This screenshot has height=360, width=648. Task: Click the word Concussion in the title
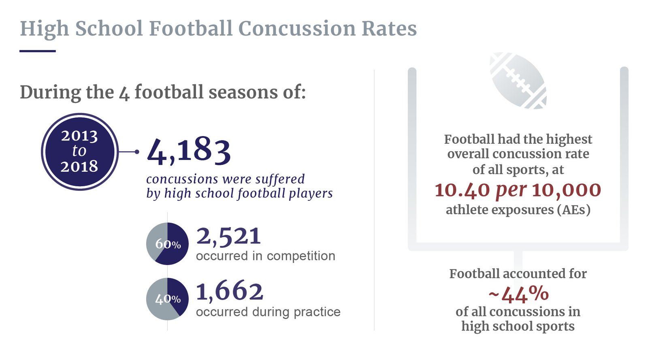pyautogui.click(x=297, y=29)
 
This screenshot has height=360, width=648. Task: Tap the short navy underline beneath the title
pyautogui.click(x=38, y=51)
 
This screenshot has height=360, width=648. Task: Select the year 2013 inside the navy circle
pyautogui.click(x=79, y=136)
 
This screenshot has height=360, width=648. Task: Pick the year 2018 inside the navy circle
pyautogui.click(x=79, y=166)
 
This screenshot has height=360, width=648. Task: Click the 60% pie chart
pyautogui.click(x=167, y=244)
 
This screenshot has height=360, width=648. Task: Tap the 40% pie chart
pyautogui.click(x=167, y=299)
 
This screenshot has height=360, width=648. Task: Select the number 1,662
pyautogui.click(x=230, y=291)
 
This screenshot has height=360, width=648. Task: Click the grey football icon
pyautogui.click(x=518, y=81)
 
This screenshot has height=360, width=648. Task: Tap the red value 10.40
pyautogui.click(x=462, y=190)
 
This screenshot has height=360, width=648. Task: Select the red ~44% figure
pyautogui.click(x=518, y=294)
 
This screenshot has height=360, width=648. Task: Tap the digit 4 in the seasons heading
pyautogui.click(x=124, y=93)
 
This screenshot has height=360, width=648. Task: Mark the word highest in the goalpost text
pyautogui.click(x=569, y=139)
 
